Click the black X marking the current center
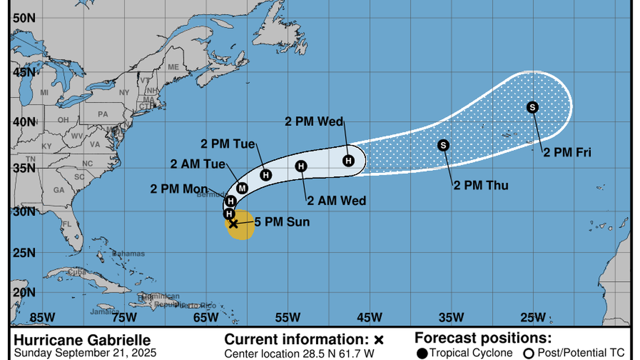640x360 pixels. (x=233, y=224)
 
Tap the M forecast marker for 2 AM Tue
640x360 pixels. (x=242, y=188)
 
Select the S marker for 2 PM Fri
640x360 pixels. (x=533, y=107)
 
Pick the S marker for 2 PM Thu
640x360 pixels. (x=444, y=145)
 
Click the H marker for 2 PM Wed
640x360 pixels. (x=349, y=161)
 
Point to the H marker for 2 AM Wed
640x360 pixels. (x=301, y=166)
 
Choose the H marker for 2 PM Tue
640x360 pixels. (x=266, y=175)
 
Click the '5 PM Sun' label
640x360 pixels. (x=282, y=222)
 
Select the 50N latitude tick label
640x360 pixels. (x=24, y=18)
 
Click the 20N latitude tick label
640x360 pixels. (x=24, y=292)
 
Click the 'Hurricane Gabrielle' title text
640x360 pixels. (x=82, y=340)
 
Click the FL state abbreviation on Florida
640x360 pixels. (x=67, y=224)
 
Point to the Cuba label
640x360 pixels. (x=76, y=272)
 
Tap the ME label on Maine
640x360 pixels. (x=173, y=67)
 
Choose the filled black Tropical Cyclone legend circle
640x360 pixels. (x=422, y=353)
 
